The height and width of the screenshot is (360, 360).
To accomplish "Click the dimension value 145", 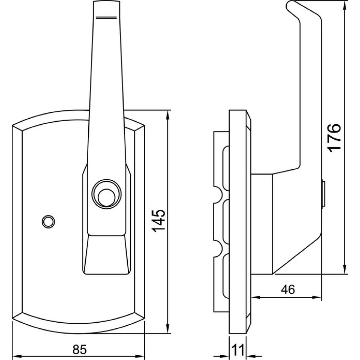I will click(x=159, y=221).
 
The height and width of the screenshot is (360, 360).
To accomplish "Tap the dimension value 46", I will click(x=288, y=289).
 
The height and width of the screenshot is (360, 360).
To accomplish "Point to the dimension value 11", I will click(x=238, y=350).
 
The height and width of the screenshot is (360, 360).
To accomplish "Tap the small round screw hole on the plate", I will click(x=48, y=221).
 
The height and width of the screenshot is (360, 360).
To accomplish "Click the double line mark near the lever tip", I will click(x=107, y=17).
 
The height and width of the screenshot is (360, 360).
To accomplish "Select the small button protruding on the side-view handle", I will click(x=323, y=193).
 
